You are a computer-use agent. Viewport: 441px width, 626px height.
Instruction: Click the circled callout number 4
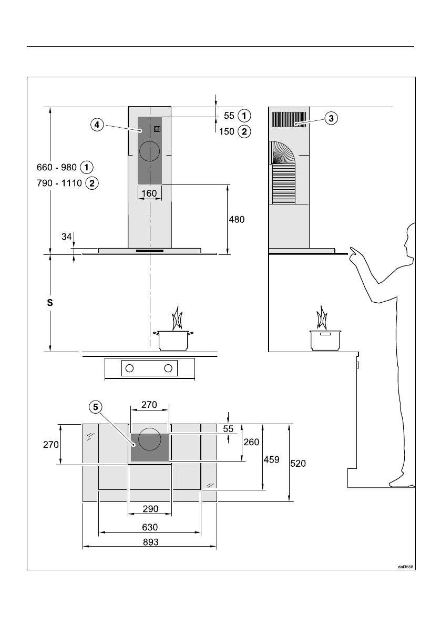tap(97, 125)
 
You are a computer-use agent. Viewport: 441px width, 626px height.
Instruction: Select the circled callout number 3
tap(331, 118)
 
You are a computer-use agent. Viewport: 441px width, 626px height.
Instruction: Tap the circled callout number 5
tap(95, 407)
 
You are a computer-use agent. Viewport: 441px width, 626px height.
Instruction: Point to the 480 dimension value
tap(237, 219)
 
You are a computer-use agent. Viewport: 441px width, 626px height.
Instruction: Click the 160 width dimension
tap(149, 193)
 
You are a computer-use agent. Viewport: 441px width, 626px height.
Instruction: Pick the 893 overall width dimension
tap(150, 542)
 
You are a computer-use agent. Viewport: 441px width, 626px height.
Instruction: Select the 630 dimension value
tap(150, 527)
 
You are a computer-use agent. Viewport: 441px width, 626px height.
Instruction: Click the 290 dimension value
tap(150, 509)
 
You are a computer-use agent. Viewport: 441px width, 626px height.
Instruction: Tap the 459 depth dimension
tap(271, 459)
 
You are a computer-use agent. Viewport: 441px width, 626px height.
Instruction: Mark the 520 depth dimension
tap(298, 463)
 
